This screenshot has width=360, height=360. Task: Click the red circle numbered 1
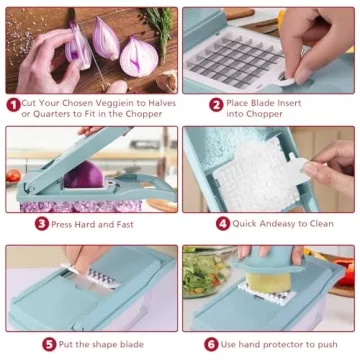pyautogui.click(x=14, y=103)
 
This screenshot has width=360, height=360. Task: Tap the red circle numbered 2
pyautogui.click(x=216, y=103)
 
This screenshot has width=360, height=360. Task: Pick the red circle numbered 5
pyautogui.click(x=49, y=343)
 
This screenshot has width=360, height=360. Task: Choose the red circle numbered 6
pyautogui.click(x=211, y=343)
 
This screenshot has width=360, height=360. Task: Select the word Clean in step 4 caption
pyautogui.click(x=317, y=224)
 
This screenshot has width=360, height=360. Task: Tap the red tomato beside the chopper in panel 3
pyautogui.click(x=12, y=176)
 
